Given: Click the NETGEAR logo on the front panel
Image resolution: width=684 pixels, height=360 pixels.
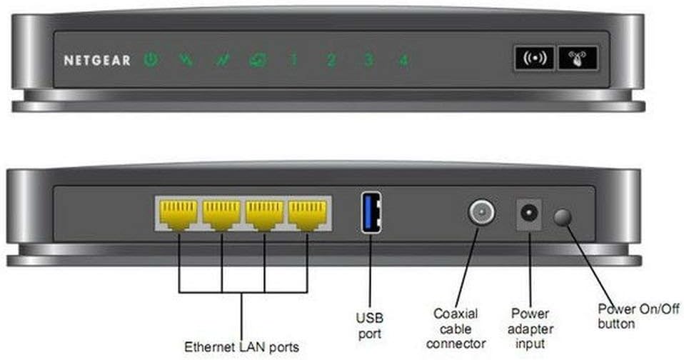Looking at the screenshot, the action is coord(97,61).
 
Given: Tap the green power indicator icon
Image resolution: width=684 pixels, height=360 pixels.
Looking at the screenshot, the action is coord(150,60).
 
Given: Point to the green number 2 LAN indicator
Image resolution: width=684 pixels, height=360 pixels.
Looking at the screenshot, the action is coord(331,60).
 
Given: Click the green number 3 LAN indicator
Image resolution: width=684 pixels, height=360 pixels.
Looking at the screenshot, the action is coord(368,60).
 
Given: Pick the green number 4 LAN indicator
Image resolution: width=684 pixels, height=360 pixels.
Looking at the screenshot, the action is coord(403,60).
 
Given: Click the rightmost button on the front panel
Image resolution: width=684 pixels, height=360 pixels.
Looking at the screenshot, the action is coord(578,59).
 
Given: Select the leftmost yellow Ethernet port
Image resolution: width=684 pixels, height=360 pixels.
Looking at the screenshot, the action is coord(178,214).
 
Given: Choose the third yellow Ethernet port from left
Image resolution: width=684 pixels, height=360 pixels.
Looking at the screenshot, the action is coord(264,214).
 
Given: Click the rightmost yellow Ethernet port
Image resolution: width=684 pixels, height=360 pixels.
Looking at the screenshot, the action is coord(307,214).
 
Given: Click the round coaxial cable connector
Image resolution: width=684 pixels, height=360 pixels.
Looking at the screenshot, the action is coord(481,213).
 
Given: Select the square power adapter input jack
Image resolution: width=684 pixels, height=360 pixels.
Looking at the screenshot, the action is coord(529,214).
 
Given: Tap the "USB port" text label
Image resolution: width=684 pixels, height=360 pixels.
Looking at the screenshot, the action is coord(370,324).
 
